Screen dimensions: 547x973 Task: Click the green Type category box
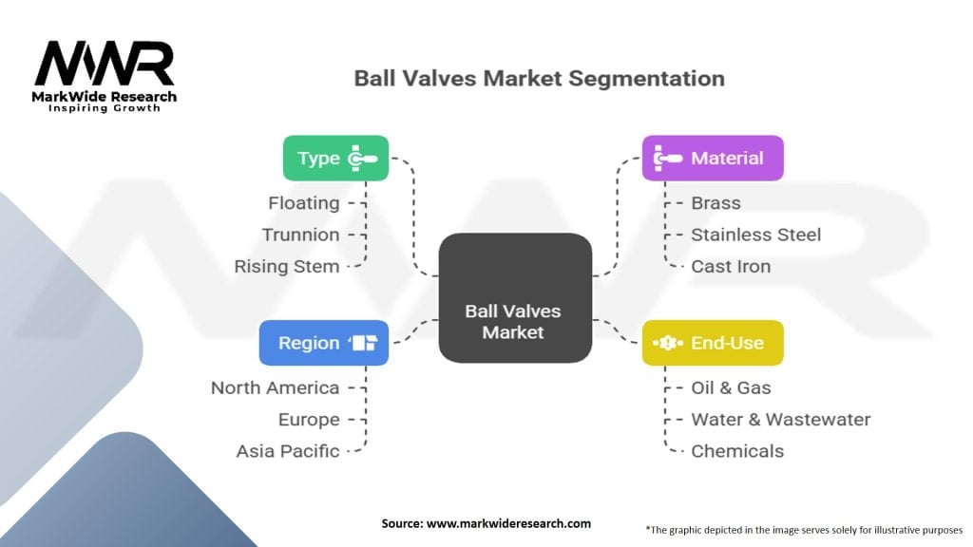335,158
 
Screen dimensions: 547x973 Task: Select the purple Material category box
713,158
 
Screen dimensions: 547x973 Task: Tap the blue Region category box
323,343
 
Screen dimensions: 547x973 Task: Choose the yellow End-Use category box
713,343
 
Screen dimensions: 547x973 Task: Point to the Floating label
304,202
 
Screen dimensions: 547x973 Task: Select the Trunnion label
301,235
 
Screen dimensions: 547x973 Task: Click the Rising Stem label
287,266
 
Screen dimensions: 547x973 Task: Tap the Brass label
715,202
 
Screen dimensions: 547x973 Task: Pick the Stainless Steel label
755,235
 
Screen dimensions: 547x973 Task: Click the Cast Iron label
730,266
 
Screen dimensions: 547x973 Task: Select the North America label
275,387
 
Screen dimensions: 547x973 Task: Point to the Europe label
309,420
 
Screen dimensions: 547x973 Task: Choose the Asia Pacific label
288,451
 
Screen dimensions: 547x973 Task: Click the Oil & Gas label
731,387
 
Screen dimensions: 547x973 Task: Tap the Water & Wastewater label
780,420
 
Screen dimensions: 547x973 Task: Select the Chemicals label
737,451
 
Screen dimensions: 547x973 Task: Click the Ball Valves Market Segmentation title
539,77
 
